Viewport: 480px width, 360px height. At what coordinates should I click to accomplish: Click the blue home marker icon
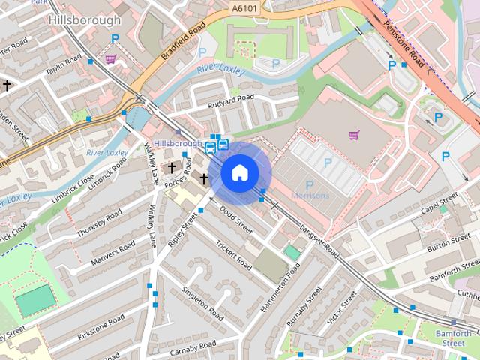[x=239, y=172]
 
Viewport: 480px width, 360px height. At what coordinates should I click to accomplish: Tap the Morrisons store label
[x=310, y=196]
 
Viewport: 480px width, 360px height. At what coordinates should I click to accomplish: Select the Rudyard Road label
[x=232, y=97]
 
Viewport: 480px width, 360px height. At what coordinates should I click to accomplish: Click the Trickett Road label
[x=233, y=256]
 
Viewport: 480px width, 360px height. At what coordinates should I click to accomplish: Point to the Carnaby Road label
[x=192, y=345]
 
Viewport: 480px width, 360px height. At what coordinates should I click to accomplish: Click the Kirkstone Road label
[x=100, y=328]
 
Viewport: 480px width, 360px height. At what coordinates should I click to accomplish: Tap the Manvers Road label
[x=113, y=253]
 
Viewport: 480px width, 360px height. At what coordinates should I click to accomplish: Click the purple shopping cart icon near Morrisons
[x=354, y=135]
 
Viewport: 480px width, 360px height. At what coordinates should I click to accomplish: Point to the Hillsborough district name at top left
[x=83, y=20]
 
